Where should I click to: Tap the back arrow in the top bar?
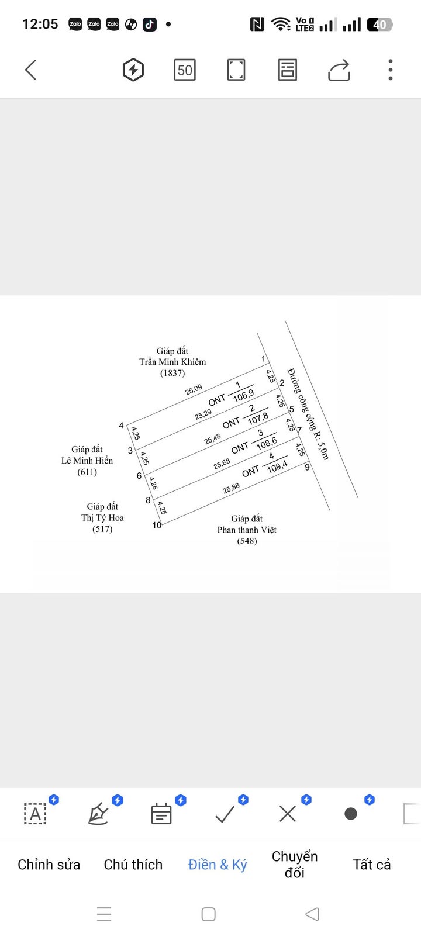click(31, 70)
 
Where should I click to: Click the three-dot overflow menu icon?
click(390, 70)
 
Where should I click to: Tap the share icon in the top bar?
click(339, 70)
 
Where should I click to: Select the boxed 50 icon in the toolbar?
click(185, 70)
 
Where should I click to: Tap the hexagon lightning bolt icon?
click(133, 70)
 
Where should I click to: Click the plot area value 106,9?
click(243, 396)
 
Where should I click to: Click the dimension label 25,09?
click(194, 390)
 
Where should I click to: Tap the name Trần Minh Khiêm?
click(172, 362)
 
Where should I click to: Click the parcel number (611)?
click(87, 472)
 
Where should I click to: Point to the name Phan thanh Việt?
click(247, 530)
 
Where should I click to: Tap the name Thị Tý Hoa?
click(102, 517)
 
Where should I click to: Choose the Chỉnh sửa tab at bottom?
click(49, 864)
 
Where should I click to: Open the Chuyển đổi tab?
click(295, 864)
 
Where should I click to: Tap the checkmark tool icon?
click(225, 814)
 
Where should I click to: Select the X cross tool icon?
click(287, 814)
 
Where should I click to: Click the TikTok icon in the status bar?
click(150, 25)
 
